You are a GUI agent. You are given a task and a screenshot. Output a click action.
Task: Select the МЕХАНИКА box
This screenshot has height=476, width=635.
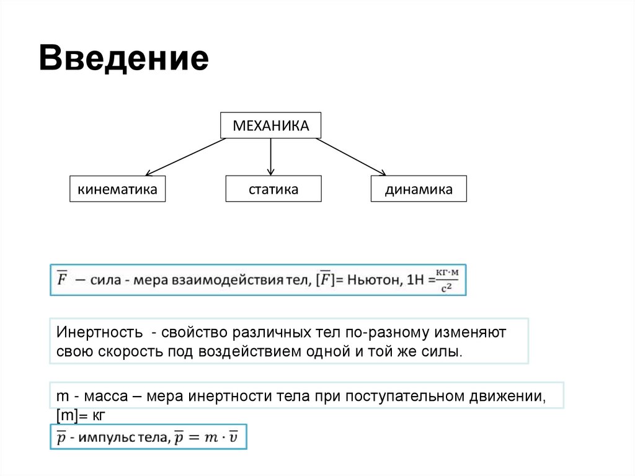271,126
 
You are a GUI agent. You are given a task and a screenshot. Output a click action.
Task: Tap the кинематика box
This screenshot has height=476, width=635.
117,189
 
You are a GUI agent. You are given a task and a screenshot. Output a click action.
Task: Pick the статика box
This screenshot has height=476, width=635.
273,189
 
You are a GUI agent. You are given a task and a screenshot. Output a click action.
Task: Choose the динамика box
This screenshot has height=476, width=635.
419,189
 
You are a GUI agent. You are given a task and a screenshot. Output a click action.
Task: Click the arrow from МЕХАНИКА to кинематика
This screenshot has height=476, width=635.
186,156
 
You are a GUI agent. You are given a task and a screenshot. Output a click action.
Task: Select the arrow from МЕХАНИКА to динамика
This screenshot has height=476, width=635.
351,156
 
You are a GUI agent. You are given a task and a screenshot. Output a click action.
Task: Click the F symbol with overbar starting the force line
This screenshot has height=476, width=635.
63,280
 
